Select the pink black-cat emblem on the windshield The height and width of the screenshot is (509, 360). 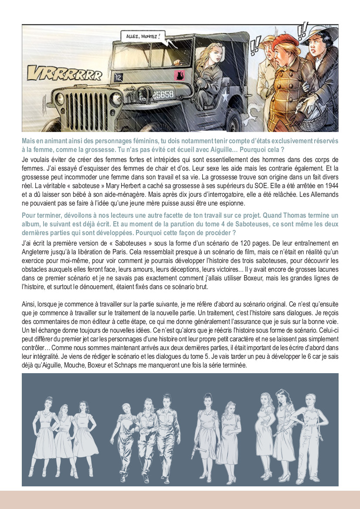tap(178, 74)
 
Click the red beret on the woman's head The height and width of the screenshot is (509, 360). tap(286, 41)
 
